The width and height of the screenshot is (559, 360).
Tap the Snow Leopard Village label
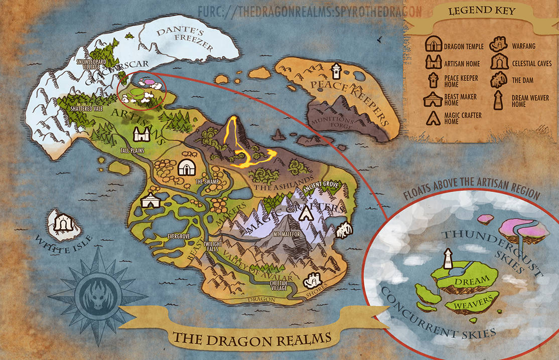91,64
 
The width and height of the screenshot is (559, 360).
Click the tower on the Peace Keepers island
337,71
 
